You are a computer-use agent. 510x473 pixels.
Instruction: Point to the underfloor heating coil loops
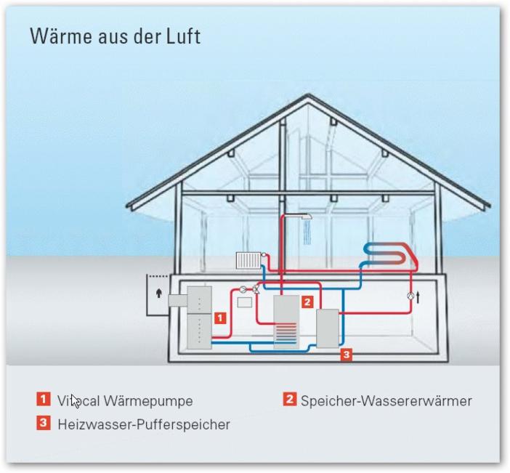tap(392, 254)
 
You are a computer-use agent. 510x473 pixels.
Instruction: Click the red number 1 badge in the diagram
tap(221, 317)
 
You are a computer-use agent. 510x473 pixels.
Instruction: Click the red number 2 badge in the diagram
tap(307, 301)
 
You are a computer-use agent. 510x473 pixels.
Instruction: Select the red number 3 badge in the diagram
tap(347, 355)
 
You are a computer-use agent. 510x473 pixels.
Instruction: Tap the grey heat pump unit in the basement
tap(198, 317)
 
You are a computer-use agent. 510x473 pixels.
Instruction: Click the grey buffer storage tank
tap(327, 328)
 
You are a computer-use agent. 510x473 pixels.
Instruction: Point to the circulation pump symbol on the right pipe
tap(410, 296)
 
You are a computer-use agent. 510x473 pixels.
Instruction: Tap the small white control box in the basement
tap(244, 301)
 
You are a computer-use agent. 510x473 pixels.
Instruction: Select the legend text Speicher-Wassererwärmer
tap(386, 400)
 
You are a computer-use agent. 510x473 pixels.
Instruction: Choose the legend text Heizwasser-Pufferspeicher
tap(144, 424)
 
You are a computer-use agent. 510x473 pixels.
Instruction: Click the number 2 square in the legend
tap(290, 399)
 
